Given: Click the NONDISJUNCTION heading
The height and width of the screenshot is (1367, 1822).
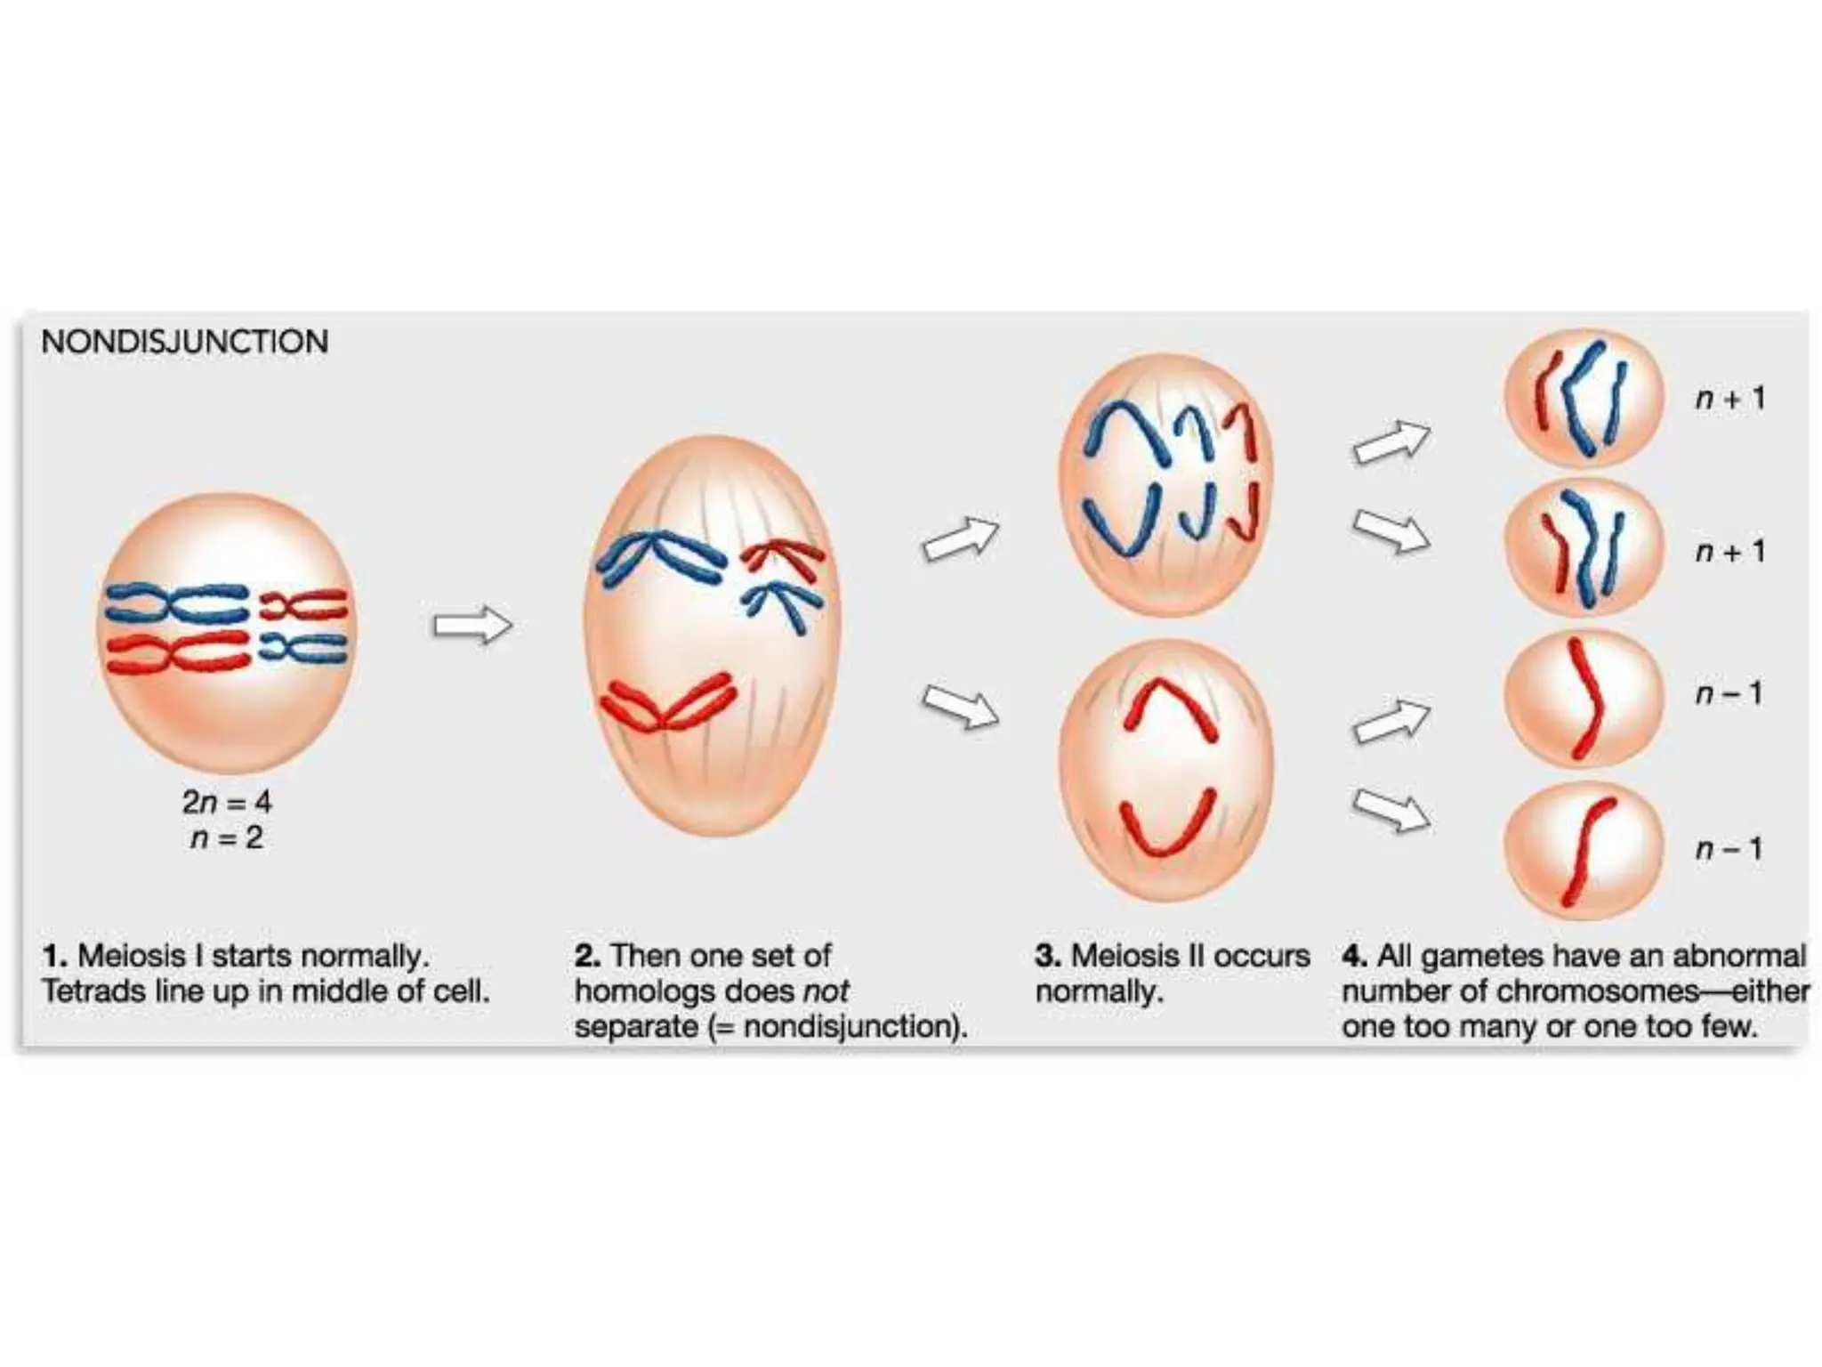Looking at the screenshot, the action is click(x=184, y=342).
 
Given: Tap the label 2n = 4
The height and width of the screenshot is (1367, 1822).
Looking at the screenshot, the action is click(x=226, y=802).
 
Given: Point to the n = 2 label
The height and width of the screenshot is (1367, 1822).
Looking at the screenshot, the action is click(x=226, y=838).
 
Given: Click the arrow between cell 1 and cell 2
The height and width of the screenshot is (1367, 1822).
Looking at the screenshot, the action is click(x=472, y=626).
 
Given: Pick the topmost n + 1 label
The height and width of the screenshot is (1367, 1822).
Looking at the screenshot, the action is click(x=1729, y=398).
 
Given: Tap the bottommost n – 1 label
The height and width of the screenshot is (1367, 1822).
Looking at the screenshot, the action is click(x=1728, y=848).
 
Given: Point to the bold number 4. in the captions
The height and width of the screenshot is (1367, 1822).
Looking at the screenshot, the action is click(x=1354, y=956).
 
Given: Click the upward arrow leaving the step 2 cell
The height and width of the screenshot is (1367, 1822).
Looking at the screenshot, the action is click(x=960, y=539).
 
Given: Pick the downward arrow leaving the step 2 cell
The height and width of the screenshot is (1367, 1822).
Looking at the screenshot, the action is click(x=960, y=708).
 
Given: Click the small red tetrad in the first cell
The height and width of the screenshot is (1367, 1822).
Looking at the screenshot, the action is click(x=302, y=605).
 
